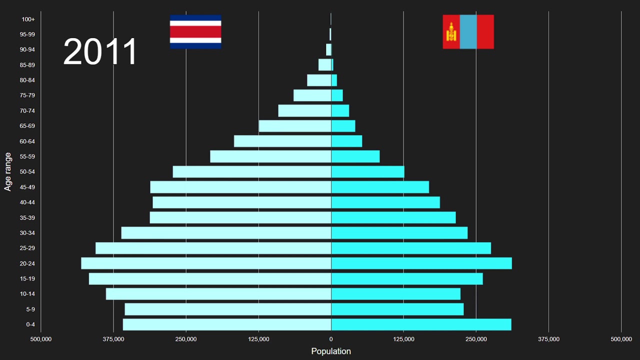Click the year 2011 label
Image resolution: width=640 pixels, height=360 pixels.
pyautogui.click(x=100, y=52)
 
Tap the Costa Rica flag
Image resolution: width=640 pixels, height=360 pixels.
pyautogui.click(x=195, y=31)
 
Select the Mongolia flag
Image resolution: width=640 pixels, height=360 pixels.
pyautogui.click(x=468, y=31)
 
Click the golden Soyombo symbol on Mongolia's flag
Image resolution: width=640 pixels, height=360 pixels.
pyautogui.click(x=451, y=32)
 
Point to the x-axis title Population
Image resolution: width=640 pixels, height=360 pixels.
pyautogui.click(x=331, y=351)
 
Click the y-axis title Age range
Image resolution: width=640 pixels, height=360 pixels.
pyautogui.click(x=8, y=171)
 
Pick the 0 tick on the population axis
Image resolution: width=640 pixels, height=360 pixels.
pyautogui.click(x=331, y=339)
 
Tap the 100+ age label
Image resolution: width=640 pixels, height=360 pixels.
pyautogui.click(x=28, y=19)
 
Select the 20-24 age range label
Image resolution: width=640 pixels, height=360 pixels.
pyautogui.click(x=27, y=263)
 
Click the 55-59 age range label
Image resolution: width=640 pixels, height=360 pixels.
pyautogui.click(x=27, y=156)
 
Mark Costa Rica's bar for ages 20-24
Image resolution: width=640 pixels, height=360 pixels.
pyautogui.click(x=206, y=263)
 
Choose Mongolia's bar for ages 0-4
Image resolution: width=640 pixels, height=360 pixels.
pyautogui.click(x=421, y=324)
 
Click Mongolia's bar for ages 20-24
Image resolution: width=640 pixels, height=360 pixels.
pyautogui.click(x=421, y=263)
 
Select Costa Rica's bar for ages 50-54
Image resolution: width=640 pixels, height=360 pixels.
pyautogui.click(x=252, y=172)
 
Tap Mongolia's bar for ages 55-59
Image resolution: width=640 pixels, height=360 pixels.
pyautogui.click(x=355, y=156)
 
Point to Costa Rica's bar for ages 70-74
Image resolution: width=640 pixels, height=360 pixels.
pyautogui.click(x=304, y=110)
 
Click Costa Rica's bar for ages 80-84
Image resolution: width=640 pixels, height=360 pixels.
pyautogui.click(x=319, y=80)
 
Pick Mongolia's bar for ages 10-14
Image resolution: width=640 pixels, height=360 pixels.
pyautogui.click(x=395, y=294)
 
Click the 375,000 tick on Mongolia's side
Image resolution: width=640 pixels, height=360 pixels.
pyautogui.click(x=548, y=339)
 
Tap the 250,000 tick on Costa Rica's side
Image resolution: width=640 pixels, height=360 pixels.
pyautogui.click(x=186, y=339)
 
